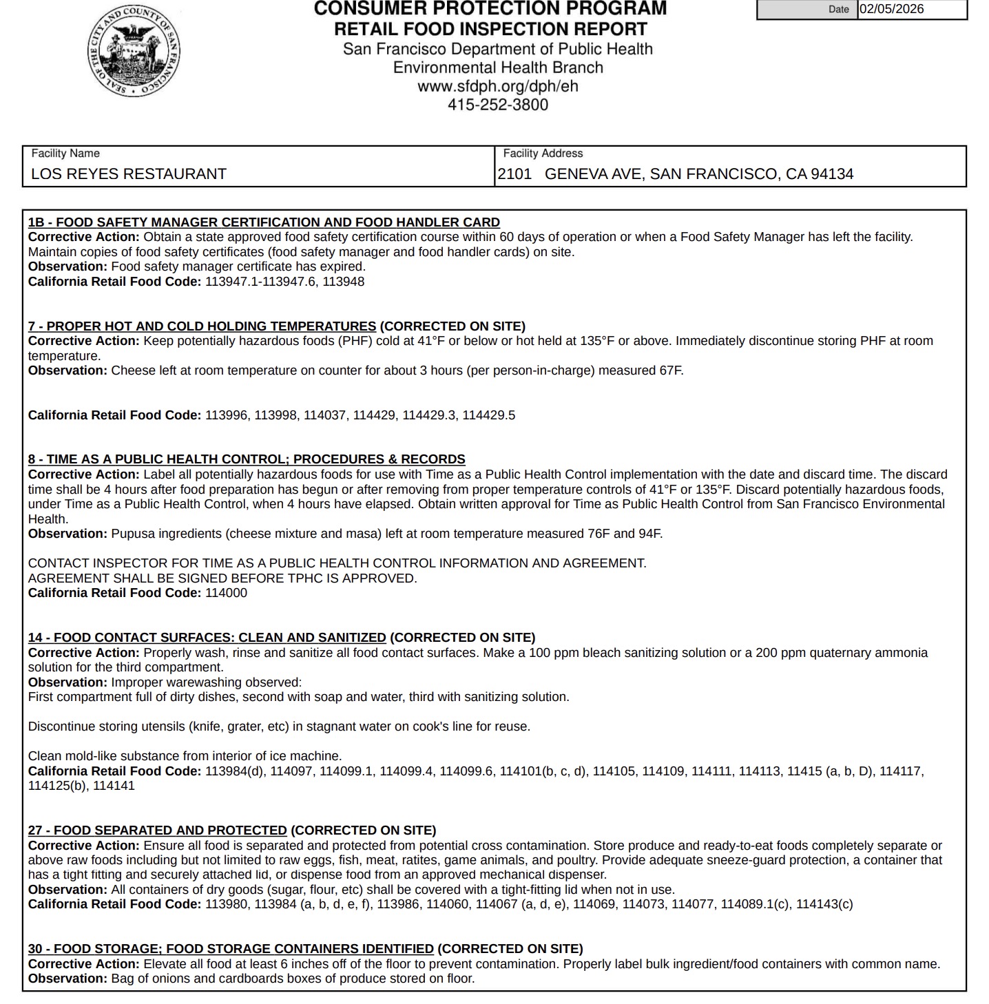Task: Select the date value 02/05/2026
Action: point(891,10)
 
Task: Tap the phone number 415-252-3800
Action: point(498,105)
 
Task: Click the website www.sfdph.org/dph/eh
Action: point(497,87)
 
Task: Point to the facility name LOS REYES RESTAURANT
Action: point(129,174)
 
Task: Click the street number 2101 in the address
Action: point(514,174)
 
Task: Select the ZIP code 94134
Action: point(832,174)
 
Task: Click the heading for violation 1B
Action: point(264,222)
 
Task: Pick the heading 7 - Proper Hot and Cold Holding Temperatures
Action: point(202,326)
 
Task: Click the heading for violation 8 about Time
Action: point(247,459)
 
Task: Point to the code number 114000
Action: point(226,593)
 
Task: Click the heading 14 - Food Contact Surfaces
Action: point(207,638)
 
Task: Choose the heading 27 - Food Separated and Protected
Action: point(157,830)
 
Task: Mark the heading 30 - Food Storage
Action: point(231,949)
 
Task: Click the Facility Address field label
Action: point(543,154)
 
